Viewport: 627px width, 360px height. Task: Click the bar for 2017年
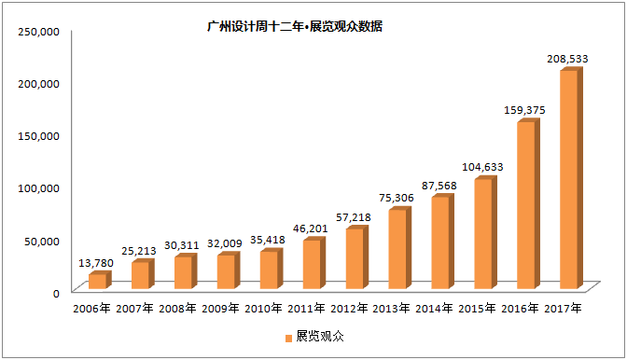tap(571, 178)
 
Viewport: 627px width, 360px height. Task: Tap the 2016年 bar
tap(528, 203)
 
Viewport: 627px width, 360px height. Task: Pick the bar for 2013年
tap(400, 248)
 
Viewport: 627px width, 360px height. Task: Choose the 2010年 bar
tap(272, 269)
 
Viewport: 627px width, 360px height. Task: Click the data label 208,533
tap(567, 59)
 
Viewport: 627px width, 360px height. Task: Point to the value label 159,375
tap(524, 110)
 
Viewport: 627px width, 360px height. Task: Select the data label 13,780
tap(96, 263)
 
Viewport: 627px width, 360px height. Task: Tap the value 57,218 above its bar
tap(353, 217)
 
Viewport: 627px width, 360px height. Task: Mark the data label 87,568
tap(439, 186)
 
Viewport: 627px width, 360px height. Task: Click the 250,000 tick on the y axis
tap(39, 32)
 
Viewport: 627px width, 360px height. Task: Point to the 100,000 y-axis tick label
tap(39, 188)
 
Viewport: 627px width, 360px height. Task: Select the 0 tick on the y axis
tap(56, 293)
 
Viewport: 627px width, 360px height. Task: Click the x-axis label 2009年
tap(220, 309)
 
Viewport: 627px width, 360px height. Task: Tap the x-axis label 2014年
tap(434, 309)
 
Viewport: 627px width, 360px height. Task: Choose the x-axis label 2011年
tap(306, 309)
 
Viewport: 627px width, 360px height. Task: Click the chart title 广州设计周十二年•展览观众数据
tap(295, 26)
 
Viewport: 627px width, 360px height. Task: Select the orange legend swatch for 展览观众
tap(288, 338)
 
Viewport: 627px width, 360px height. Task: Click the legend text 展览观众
tap(320, 337)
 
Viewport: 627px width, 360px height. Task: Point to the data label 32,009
tap(225, 243)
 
